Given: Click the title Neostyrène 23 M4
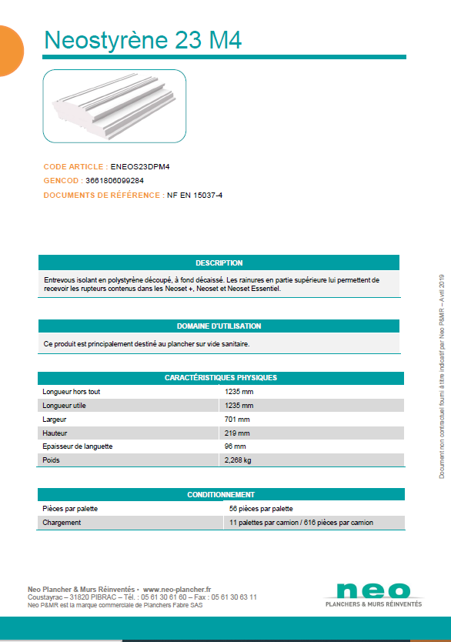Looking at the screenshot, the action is tap(143, 40).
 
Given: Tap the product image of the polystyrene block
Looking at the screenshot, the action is tap(114, 106).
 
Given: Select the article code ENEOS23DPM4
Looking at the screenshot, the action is tap(140, 166).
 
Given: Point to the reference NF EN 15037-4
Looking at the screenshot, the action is tap(195, 195).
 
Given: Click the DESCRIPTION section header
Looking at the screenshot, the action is tap(219, 262).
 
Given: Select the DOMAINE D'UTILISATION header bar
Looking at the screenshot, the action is tap(219, 326).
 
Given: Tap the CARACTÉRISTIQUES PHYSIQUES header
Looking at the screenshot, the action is tap(219, 378).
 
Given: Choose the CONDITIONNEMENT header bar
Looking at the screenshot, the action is tap(219, 494).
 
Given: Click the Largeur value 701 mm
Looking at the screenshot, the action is tap(237, 420).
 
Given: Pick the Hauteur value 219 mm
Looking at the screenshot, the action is tap(237, 433).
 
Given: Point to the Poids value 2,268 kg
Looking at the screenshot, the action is tap(238, 460).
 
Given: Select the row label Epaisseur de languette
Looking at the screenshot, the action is tap(78, 446).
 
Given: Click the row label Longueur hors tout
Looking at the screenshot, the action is tap(72, 392).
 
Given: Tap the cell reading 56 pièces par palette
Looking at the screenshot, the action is tap(261, 509).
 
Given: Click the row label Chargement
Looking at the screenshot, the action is tap(62, 523).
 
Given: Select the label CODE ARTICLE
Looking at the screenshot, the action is tap(75, 166).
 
